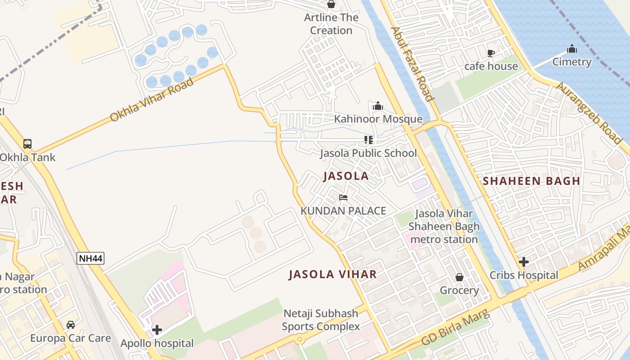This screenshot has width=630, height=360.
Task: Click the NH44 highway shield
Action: coord(90,258)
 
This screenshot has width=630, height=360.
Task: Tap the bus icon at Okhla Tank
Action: coord(27,144)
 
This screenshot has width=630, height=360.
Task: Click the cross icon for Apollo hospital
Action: coord(157,330)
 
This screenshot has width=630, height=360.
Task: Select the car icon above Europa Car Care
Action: coord(71,325)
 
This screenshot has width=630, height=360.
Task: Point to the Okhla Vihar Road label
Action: coord(152,100)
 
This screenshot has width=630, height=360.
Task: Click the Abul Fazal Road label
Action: coord(412,64)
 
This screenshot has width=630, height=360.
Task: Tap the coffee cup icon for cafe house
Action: coord(491,53)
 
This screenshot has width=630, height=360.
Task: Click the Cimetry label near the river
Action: coord(571,62)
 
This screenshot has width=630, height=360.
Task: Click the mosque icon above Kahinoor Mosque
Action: coord(378,106)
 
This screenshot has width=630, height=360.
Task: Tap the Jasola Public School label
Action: coord(368,153)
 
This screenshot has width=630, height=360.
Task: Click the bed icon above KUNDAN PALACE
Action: coord(343,198)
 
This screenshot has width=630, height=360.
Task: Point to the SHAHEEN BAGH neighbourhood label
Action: coord(531,181)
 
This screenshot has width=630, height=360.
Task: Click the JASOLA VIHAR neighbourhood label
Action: coord(333,274)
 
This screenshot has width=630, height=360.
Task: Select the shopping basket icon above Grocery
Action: coord(459,277)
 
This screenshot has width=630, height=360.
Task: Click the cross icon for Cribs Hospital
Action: coord(523,261)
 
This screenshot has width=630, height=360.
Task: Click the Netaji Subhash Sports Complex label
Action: coord(320,320)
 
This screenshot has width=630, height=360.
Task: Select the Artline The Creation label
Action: coord(331,24)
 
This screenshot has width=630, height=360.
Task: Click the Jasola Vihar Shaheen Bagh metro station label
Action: coord(444,226)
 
